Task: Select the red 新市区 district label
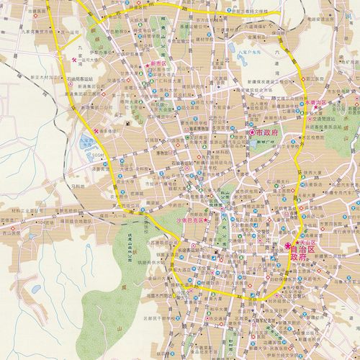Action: (158, 63)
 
